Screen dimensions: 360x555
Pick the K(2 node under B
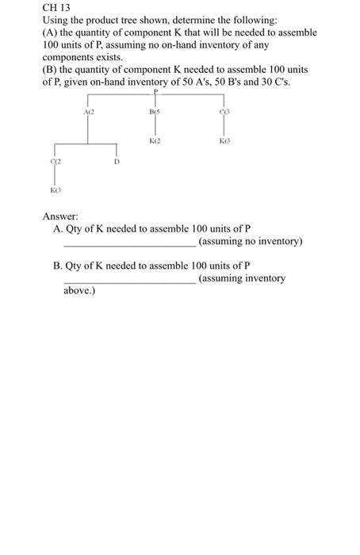click(x=155, y=140)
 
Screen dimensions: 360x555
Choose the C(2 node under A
click(x=55, y=161)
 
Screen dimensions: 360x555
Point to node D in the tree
click(x=117, y=161)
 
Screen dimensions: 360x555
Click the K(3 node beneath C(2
click(x=55, y=190)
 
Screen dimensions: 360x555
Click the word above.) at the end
click(x=79, y=291)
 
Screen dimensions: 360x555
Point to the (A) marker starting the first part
click(x=52, y=33)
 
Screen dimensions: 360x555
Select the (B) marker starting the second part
click(x=52, y=71)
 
